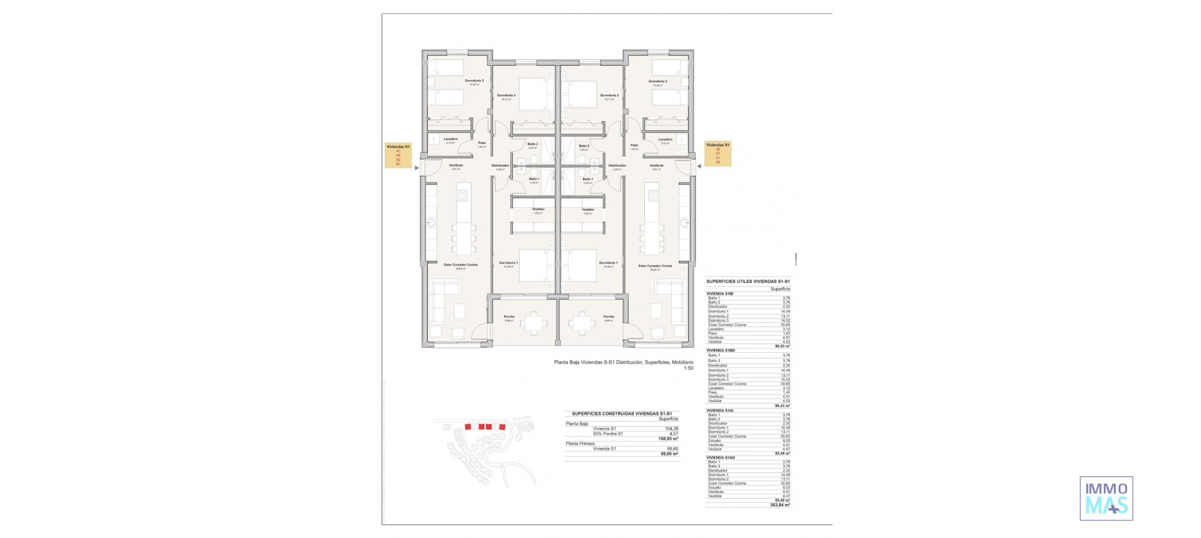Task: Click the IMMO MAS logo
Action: [x=1106, y=499]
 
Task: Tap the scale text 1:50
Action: [x=688, y=368]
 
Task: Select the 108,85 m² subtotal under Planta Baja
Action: [x=668, y=439]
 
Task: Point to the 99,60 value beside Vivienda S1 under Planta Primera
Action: [x=673, y=449]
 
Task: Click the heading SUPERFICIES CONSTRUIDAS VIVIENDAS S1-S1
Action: [x=621, y=414]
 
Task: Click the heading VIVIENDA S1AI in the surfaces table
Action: [x=720, y=410]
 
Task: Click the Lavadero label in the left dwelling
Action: [x=450, y=139]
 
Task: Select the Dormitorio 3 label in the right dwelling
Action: [x=657, y=81]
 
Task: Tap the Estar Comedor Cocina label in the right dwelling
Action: [x=655, y=266]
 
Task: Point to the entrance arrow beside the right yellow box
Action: [x=699, y=166]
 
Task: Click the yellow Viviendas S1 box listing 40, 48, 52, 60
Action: [x=398, y=155]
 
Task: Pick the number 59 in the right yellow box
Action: [x=718, y=163]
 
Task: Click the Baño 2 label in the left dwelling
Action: [x=532, y=144]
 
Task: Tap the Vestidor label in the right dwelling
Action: [x=587, y=210]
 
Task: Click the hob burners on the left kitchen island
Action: [x=463, y=196]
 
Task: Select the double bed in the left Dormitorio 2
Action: [x=532, y=94]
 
